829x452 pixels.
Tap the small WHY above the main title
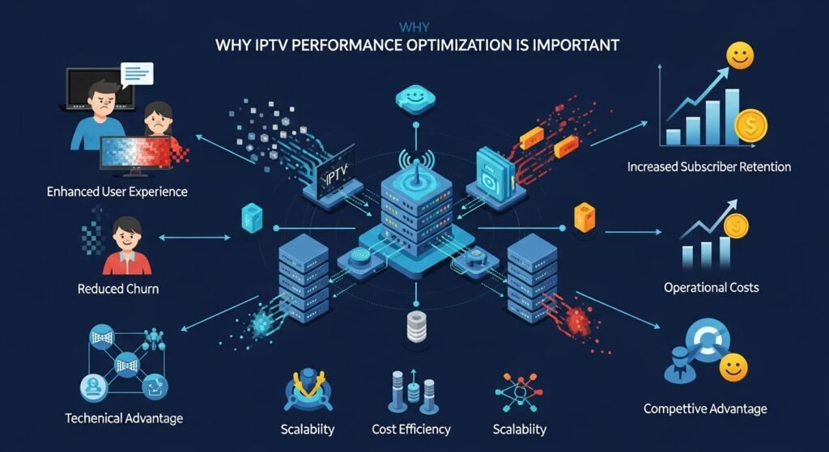[414, 25]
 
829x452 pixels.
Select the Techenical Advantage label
[124, 418]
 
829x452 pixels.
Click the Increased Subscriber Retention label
[709, 167]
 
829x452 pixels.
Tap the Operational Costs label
[711, 287]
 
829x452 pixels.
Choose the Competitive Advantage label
[704, 408]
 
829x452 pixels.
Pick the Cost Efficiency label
[410, 429]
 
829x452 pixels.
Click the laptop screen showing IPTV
[330, 173]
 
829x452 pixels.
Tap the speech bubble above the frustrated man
[136, 74]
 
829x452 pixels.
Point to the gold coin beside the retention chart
[750, 125]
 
